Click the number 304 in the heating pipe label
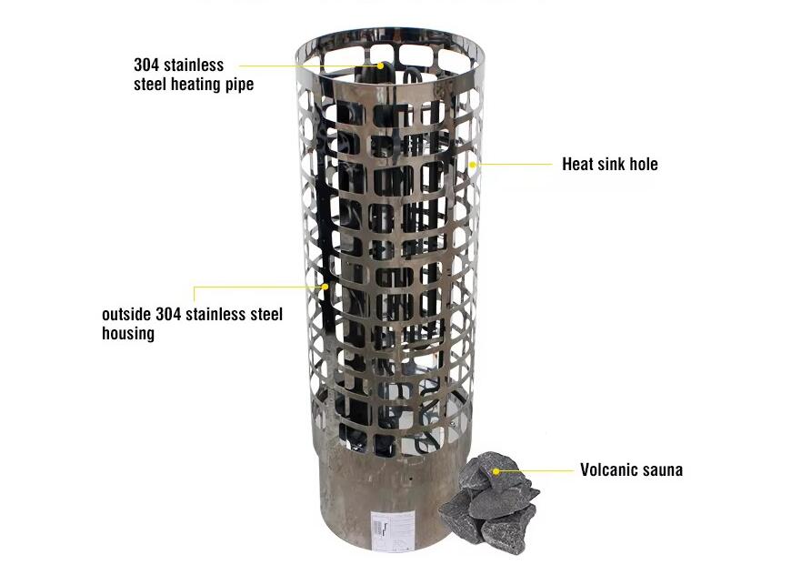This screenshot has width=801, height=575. point(146,65)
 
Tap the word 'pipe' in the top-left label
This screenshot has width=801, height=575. point(240,85)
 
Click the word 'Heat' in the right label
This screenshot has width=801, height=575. point(578,164)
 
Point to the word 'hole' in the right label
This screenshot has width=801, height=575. point(644,164)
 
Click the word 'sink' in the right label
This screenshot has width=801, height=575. point(612,164)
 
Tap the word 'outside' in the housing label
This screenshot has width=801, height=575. point(126,314)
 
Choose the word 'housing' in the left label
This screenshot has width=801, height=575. point(128,333)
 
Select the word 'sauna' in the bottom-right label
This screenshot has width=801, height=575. point(662,470)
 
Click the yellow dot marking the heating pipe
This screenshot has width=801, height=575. point(381,66)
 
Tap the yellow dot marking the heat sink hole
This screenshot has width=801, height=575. point(473,165)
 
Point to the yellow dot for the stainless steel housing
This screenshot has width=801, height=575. point(325,287)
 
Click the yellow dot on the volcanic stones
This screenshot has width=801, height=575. point(496,471)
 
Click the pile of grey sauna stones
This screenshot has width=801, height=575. point(489,502)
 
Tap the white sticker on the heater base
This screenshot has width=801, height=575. point(394,530)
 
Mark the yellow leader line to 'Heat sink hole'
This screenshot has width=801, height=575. point(515,165)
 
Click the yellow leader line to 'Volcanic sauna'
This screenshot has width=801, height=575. point(536,471)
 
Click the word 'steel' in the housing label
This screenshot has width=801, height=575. point(265,314)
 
